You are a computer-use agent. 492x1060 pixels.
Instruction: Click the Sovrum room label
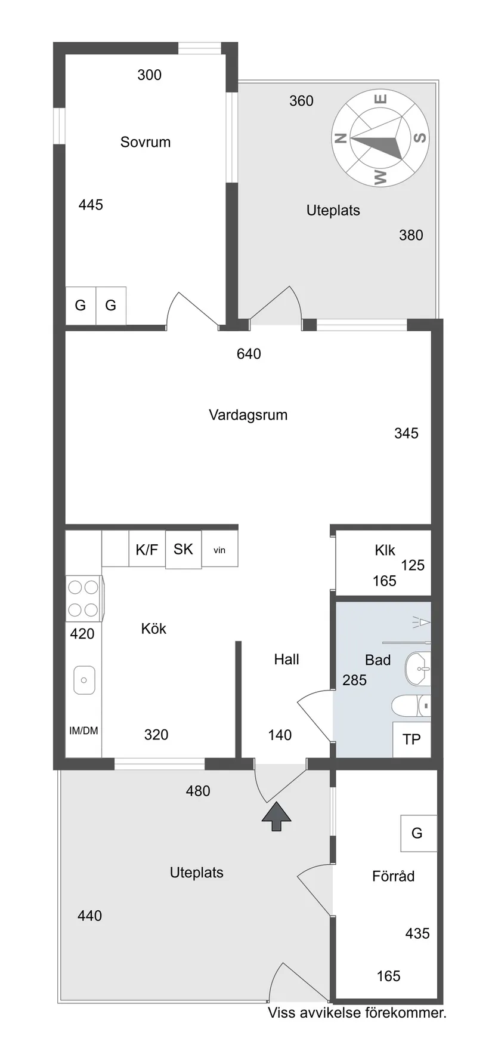pyautogui.click(x=145, y=142)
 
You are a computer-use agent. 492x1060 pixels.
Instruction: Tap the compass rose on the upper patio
pyautogui.click(x=379, y=138)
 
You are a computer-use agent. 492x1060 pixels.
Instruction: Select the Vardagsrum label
pyautogui.click(x=247, y=415)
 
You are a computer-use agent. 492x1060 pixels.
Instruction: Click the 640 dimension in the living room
pyautogui.click(x=249, y=354)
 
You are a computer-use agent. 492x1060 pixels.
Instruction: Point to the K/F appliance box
pyautogui.click(x=147, y=549)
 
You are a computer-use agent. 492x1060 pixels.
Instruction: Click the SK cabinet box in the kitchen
pyautogui.click(x=183, y=549)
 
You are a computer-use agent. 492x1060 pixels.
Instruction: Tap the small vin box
pyautogui.click(x=219, y=550)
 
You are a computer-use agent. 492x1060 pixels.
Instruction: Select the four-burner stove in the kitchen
pyautogui.click(x=83, y=599)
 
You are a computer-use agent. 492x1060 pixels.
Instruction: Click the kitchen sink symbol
pyautogui.click(x=84, y=680)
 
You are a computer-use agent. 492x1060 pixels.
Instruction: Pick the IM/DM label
pyautogui.click(x=83, y=731)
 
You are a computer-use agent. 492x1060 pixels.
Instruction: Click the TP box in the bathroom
pyautogui.click(x=411, y=739)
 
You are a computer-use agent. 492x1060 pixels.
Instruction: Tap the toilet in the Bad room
pyautogui.click(x=411, y=705)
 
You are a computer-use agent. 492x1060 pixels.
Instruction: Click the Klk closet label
pyautogui.click(x=385, y=550)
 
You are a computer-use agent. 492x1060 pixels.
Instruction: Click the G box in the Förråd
pyautogui.click(x=417, y=833)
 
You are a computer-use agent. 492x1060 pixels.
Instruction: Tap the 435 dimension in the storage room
pyautogui.click(x=417, y=933)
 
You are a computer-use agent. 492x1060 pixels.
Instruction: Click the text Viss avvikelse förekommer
pyautogui.click(x=357, y=1013)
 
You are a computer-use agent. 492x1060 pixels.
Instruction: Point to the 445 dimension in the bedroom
pyautogui.click(x=91, y=205)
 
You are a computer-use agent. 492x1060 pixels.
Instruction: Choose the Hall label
pyautogui.click(x=286, y=659)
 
